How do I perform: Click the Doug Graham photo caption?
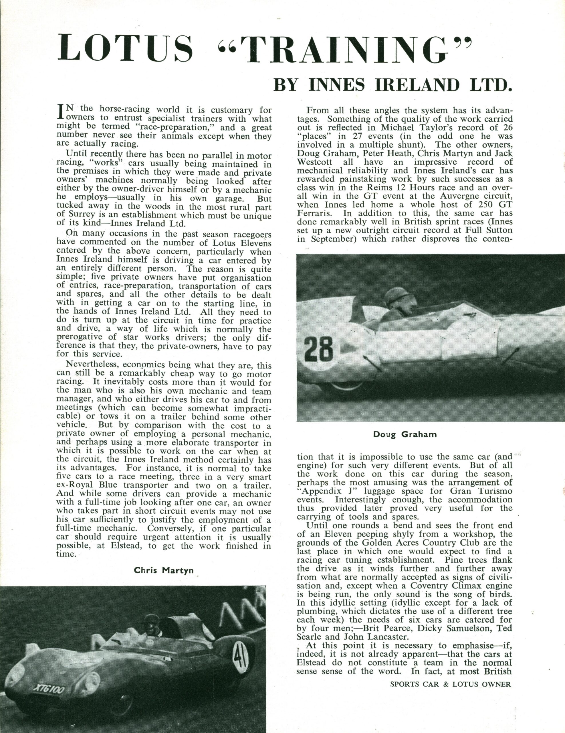405,434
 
